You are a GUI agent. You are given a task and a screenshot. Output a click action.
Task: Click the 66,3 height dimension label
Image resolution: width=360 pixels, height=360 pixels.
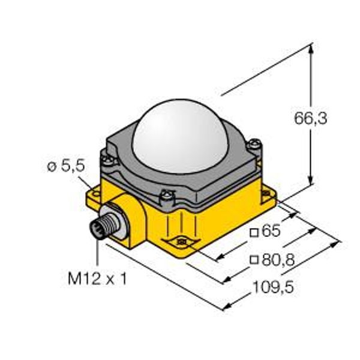(310, 119)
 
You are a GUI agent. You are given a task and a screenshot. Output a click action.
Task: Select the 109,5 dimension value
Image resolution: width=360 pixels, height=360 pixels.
(273, 287)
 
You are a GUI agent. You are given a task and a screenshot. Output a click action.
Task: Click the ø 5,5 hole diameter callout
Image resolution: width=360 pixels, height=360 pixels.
(66, 166)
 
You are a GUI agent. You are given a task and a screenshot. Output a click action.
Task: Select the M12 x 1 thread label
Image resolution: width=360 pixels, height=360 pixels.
(97, 279)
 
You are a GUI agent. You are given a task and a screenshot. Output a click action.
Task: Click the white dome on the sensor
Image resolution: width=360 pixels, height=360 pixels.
(179, 136)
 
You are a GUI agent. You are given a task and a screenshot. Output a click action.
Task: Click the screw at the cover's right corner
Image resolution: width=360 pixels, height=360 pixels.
(254, 144)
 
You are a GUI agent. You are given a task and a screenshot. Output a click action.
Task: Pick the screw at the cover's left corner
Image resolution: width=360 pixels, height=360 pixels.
(107, 160)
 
